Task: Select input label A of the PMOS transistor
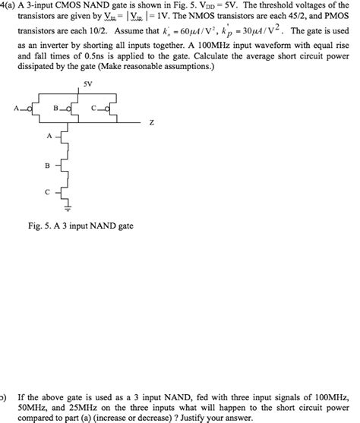click(16, 108)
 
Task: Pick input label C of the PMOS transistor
click(93, 108)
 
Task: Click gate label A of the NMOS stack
click(49, 137)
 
